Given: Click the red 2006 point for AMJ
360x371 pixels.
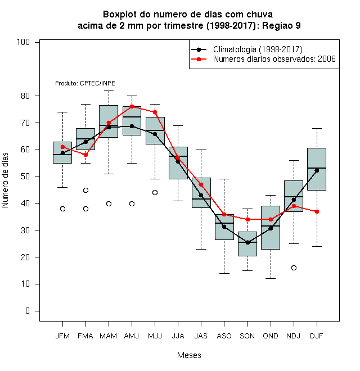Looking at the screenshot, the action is [x=132, y=106].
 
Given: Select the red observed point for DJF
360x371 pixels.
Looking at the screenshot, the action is [x=317, y=211].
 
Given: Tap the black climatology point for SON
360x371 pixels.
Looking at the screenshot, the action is [x=247, y=242].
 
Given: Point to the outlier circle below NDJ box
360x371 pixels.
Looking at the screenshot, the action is [x=294, y=268].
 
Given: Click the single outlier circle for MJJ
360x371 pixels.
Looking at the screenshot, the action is [x=155, y=193].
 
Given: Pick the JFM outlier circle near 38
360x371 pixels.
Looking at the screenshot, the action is [x=62, y=209].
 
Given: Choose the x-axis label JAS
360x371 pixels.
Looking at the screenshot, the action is [x=201, y=336].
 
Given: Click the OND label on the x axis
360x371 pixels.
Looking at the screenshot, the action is [x=271, y=336].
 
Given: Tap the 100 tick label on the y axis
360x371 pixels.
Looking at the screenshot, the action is [x=23, y=42].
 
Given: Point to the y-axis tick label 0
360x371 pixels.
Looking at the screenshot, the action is [x=28, y=311].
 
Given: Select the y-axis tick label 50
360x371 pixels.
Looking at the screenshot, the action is [x=25, y=177].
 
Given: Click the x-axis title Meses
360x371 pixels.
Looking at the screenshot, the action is [x=189, y=355].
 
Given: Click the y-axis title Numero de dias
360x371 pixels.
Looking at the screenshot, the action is [x=5, y=180].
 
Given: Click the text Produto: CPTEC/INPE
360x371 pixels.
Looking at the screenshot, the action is [x=85, y=83].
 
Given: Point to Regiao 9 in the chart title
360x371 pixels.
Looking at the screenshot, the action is [x=281, y=25].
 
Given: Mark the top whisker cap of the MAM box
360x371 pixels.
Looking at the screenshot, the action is [x=109, y=91].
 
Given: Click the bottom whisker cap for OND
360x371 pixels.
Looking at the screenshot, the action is [x=271, y=278].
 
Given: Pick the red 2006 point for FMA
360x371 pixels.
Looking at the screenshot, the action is [x=85, y=155].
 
